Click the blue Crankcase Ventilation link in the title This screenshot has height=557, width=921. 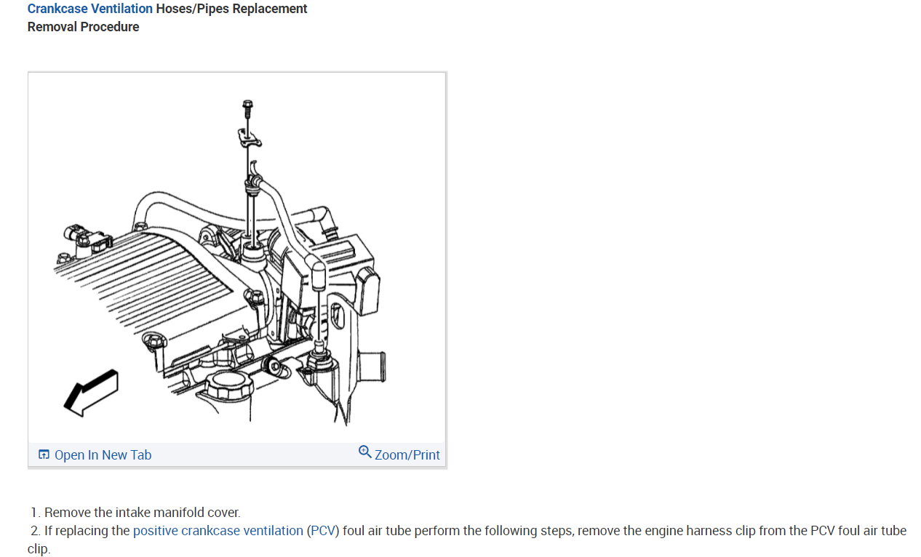click(x=89, y=9)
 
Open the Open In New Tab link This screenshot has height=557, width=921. click(x=103, y=455)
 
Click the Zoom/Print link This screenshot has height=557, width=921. click(x=407, y=455)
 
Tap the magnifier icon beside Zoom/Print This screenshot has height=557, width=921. click(x=365, y=452)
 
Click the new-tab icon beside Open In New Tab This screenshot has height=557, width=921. click(x=44, y=455)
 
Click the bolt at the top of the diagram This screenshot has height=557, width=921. click(x=247, y=109)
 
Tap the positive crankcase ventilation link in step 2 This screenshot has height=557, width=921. click(x=218, y=531)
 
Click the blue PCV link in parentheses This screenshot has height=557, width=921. click(x=323, y=531)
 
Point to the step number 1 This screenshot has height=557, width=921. click(x=35, y=513)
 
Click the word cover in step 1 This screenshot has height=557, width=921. click(x=223, y=513)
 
